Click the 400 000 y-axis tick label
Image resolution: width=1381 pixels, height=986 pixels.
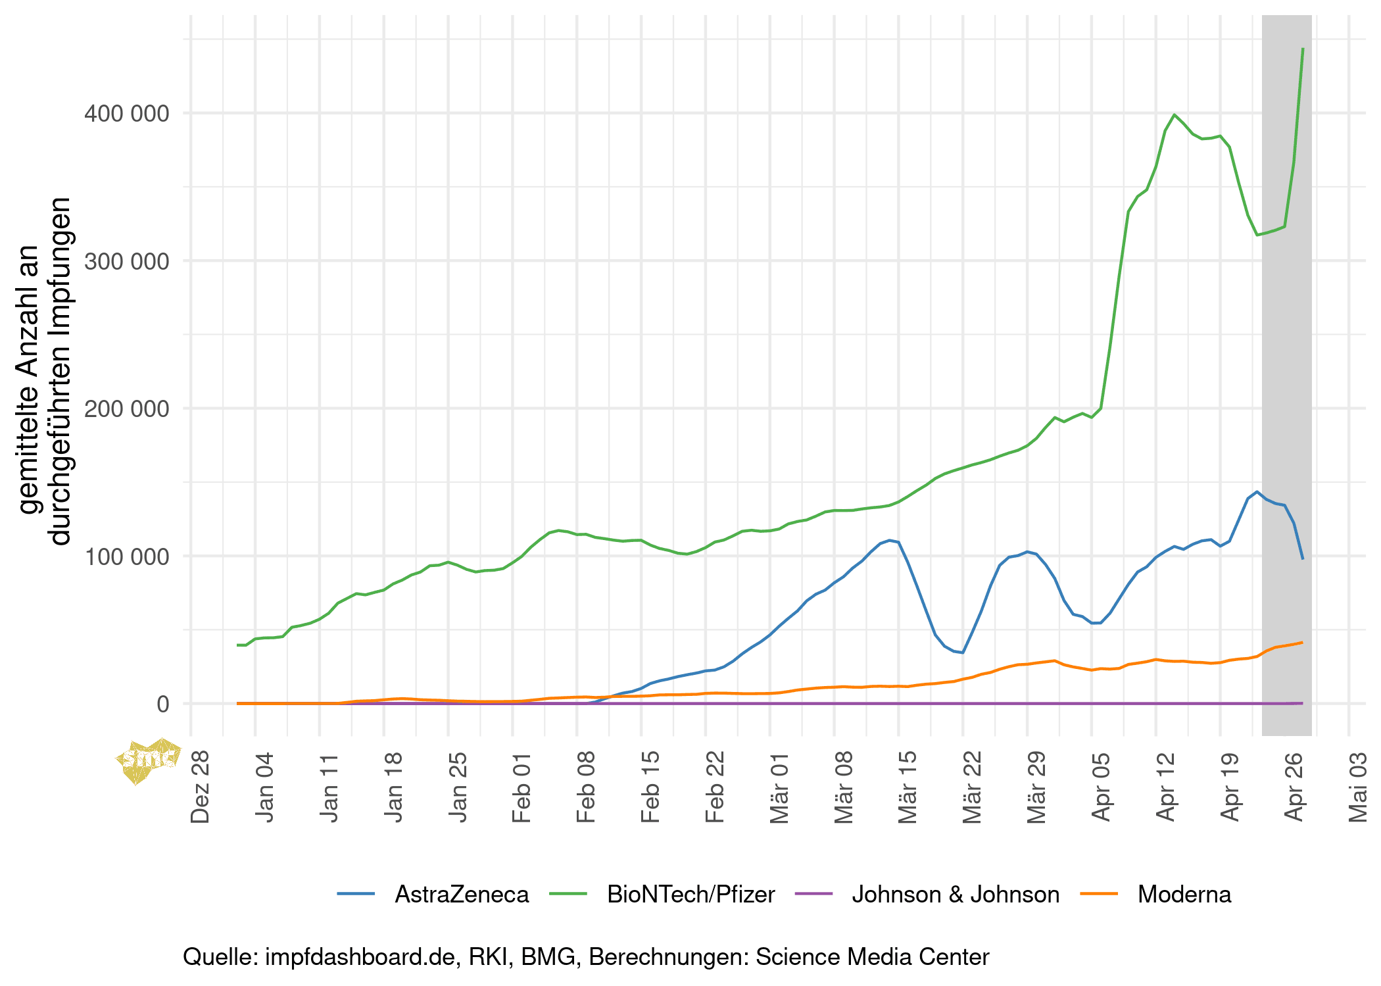(x=126, y=114)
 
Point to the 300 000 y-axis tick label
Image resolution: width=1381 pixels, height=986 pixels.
(x=126, y=261)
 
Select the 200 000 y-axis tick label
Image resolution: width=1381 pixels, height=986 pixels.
(x=126, y=409)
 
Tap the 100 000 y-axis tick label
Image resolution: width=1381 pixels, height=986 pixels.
(x=126, y=556)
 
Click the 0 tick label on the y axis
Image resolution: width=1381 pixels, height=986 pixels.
(x=163, y=704)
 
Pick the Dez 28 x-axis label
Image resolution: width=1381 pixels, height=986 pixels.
(x=200, y=787)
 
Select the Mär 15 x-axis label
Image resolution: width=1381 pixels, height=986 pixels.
(x=908, y=787)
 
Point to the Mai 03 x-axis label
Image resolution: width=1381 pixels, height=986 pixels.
(x=1358, y=787)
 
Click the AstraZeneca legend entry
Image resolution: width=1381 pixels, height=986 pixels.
(x=462, y=895)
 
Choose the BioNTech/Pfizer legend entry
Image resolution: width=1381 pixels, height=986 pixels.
(x=690, y=895)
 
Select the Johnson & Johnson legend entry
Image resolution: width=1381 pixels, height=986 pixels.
(x=956, y=895)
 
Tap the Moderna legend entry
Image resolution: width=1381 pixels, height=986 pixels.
(x=1184, y=895)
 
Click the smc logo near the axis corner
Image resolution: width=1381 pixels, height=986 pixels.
(x=148, y=760)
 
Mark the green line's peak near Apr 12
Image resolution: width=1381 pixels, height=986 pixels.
(x=1175, y=114)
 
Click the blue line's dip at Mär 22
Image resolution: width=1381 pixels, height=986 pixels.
(x=963, y=653)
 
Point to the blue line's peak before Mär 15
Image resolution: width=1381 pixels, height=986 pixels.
(x=890, y=540)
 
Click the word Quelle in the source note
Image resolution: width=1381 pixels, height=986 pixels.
(x=220, y=957)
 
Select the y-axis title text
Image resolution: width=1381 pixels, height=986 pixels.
(x=45, y=372)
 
